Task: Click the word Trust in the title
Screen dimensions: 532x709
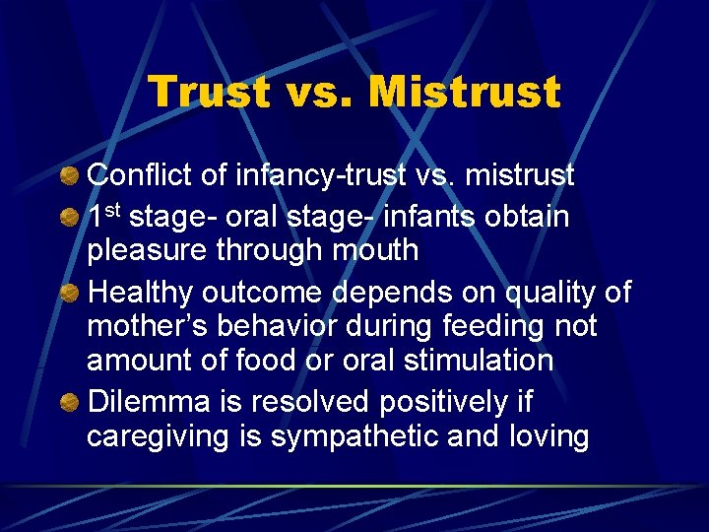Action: tap(209, 92)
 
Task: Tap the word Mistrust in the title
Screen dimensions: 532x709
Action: tap(462, 92)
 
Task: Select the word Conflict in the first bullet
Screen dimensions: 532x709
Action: tap(141, 175)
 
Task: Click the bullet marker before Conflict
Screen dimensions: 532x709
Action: tap(70, 176)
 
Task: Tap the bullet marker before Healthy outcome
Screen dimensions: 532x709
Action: tap(70, 293)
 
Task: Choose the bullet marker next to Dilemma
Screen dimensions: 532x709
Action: tap(70, 402)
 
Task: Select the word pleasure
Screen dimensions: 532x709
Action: tap(149, 251)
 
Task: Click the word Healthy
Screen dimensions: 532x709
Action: tap(141, 293)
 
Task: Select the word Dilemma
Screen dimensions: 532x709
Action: tap(147, 402)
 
